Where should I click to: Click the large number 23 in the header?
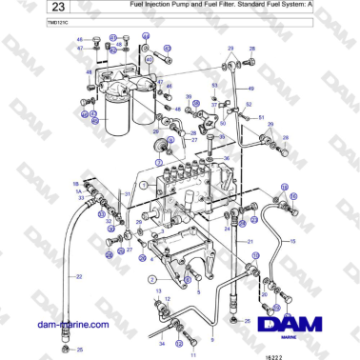pos(35,9)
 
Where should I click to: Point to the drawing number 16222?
pos(326,351)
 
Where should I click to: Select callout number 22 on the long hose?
pos(80,276)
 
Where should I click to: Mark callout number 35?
pos(220,137)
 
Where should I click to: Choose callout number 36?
pos(226,157)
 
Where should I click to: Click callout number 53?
pos(215,85)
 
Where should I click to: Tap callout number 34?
pos(162,343)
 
